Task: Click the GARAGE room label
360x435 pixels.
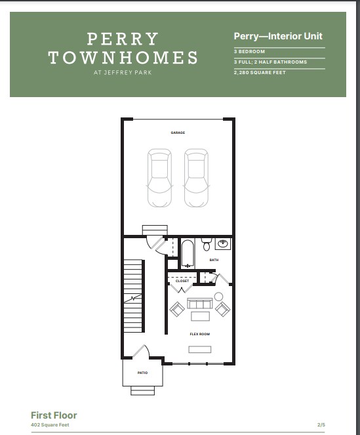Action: tap(178, 133)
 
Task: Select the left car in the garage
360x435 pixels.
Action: tap(159, 178)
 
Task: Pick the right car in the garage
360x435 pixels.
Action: tap(196, 178)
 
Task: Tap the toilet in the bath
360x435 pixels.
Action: tap(207, 244)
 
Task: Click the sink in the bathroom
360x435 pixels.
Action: tap(223, 244)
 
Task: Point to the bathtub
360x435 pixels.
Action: tap(188, 254)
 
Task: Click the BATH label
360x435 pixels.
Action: tap(214, 260)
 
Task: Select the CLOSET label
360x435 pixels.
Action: tap(182, 281)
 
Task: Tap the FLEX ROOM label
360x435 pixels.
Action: tap(200, 334)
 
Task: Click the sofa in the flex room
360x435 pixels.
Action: tap(200, 304)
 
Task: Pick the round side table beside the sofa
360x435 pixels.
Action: tap(218, 297)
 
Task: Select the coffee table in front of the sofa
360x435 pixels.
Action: tap(200, 316)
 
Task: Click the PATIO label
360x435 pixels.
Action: tap(142, 373)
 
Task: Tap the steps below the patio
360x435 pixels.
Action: tap(142, 390)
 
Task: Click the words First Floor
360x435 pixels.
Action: tap(54, 415)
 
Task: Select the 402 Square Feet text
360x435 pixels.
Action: tap(50, 425)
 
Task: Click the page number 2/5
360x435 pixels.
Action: tap(321, 425)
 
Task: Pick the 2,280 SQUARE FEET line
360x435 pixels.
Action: tap(260, 73)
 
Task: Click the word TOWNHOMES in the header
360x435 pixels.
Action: tap(123, 58)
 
